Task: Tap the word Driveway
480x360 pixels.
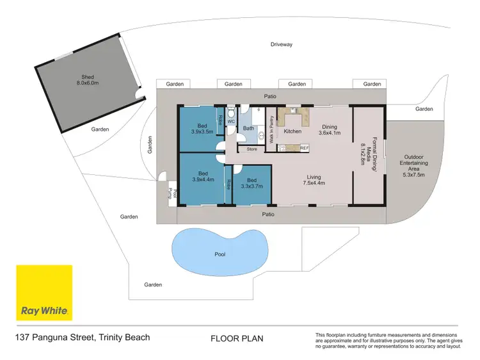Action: pos(281,44)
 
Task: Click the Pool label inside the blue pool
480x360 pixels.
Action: pos(220,254)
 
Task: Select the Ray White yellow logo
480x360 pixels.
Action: pos(44,293)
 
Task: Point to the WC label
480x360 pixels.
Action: pos(231,121)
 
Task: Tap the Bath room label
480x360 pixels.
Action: pos(248,128)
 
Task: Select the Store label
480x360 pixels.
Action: pos(252,149)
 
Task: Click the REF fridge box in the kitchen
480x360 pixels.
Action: pos(304,148)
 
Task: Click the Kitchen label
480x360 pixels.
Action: pos(292,131)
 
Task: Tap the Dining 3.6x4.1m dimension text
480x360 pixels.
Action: pos(330,130)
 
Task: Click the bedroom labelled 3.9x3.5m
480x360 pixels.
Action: pos(202,128)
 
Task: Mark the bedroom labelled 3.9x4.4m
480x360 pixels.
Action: pos(202,177)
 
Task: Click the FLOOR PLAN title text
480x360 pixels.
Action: pos(237,338)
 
